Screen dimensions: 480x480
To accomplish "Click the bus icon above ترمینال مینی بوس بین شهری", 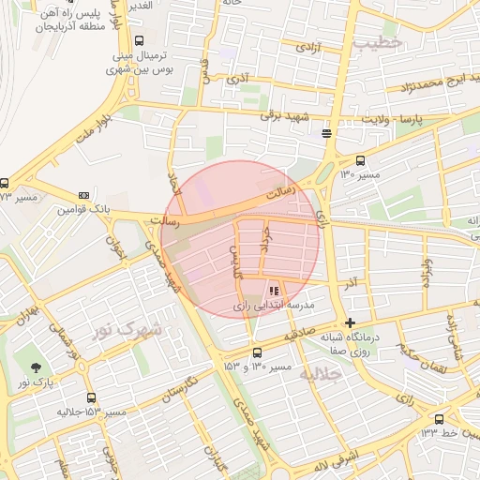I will click(140, 40).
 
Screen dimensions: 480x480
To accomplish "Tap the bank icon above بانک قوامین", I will click(84, 194).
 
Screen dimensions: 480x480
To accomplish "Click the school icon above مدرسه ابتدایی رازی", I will click(274, 292).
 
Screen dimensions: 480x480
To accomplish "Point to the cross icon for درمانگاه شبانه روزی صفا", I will click(351, 322).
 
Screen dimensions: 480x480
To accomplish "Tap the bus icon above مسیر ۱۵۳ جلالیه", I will click(91, 397).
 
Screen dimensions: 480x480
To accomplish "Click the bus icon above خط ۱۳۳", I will click(440, 419).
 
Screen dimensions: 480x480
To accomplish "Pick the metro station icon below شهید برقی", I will click(326, 133).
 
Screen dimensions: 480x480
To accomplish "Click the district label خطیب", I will click(384, 42).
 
